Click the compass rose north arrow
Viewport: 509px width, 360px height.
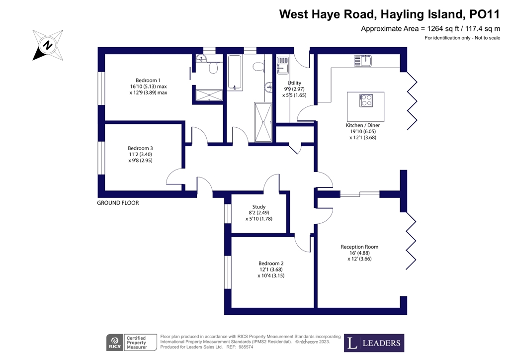click(x=47, y=45)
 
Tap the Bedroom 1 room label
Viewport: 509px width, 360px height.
click(x=148, y=81)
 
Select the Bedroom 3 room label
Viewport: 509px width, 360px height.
click(x=140, y=148)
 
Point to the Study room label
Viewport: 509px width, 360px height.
click(x=259, y=207)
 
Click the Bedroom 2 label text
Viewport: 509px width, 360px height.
click(x=271, y=264)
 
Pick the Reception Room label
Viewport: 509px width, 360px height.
click(x=359, y=247)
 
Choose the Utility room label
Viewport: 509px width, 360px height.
click(x=294, y=83)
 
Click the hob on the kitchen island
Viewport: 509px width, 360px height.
click(x=367, y=100)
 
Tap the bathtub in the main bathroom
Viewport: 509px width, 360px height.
click(x=235, y=73)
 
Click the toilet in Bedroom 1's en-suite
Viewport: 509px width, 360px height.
click(x=214, y=67)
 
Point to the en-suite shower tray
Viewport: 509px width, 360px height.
click(x=209, y=94)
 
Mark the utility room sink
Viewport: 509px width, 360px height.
click(x=282, y=66)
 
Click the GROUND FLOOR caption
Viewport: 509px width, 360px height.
click(x=118, y=203)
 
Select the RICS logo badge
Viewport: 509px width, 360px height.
click(x=115, y=343)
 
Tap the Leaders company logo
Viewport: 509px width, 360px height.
click(x=374, y=343)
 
